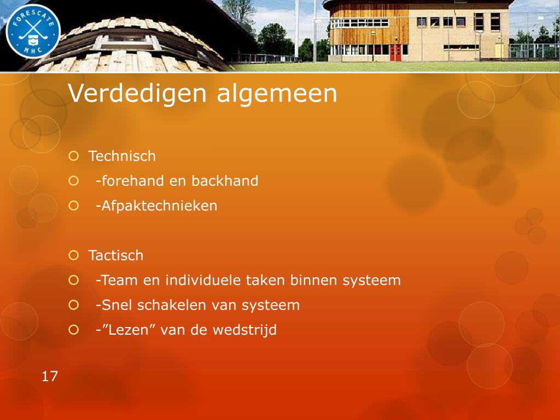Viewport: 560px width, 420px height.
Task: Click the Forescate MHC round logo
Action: tap(33, 31)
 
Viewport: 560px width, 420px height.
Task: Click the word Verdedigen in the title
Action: tap(137, 94)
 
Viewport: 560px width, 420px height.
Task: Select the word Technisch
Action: tap(122, 156)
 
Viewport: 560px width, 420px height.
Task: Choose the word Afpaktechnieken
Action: tap(159, 206)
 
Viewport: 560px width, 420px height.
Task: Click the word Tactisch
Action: tap(116, 255)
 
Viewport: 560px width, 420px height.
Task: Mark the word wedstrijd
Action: tap(244, 330)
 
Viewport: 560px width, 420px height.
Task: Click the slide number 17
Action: tap(50, 376)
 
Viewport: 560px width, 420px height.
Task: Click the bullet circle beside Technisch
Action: tap(74, 156)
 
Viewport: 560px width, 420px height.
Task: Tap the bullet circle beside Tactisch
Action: tap(74, 255)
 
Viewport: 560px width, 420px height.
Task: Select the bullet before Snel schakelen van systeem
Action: tap(74, 305)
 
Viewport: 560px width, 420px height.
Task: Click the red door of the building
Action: tap(395, 53)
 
